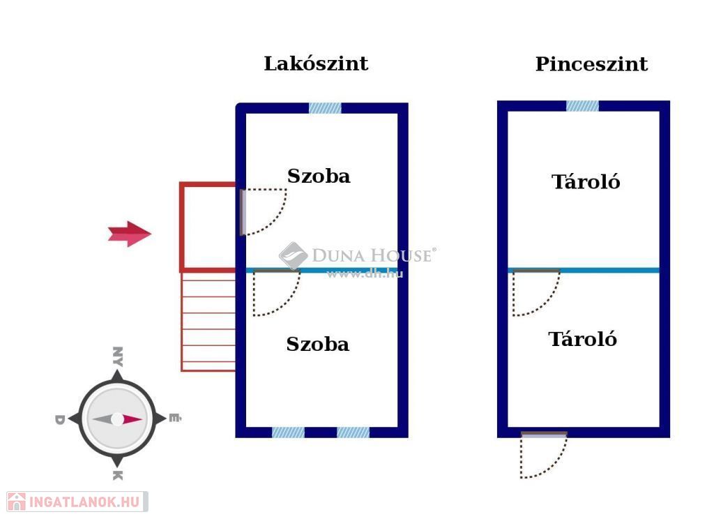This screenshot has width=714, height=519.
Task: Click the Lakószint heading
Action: [x=316, y=64]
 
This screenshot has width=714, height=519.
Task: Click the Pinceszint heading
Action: [x=591, y=65]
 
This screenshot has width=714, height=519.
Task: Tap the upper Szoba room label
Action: [x=319, y=176]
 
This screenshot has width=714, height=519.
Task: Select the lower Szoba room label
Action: [x=317, y=345]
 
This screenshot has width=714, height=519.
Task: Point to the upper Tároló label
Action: [x=586, y=182]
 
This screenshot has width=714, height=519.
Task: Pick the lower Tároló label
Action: [x=583, y=340]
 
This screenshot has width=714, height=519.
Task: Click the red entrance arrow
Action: [x=130, y=234]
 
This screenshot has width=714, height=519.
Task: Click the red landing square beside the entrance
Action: [x=208, y=227]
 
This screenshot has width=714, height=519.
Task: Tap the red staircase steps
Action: [x=208, y=322]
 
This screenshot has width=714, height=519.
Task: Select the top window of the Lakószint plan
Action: [x=325, y=108]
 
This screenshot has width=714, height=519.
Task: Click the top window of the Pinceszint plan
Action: [x=582, y=106]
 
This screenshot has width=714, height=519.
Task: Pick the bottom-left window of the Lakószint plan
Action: [x=288, y=433]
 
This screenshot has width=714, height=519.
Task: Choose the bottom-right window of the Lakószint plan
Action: [x=353, y=433]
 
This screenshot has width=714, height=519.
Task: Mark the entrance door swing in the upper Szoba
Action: [x=264, y=211]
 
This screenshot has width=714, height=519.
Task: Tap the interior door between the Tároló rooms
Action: [x=535, y=292]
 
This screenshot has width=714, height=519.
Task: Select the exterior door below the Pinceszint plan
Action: [x=542, y=454]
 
